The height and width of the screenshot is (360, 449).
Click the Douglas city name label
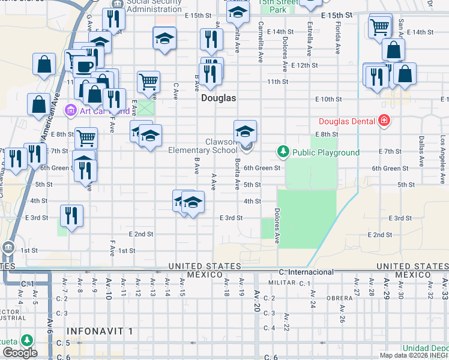(x=218, y=97)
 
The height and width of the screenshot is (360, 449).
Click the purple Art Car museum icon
(x=70, y=110)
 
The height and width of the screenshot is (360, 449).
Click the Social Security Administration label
(x=155, y=5)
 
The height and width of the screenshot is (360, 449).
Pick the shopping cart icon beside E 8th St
(x=86, y=137)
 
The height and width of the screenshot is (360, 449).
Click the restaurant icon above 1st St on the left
(x=71, y=216)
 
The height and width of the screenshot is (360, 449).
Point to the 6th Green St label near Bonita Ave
(x=262, y=169)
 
